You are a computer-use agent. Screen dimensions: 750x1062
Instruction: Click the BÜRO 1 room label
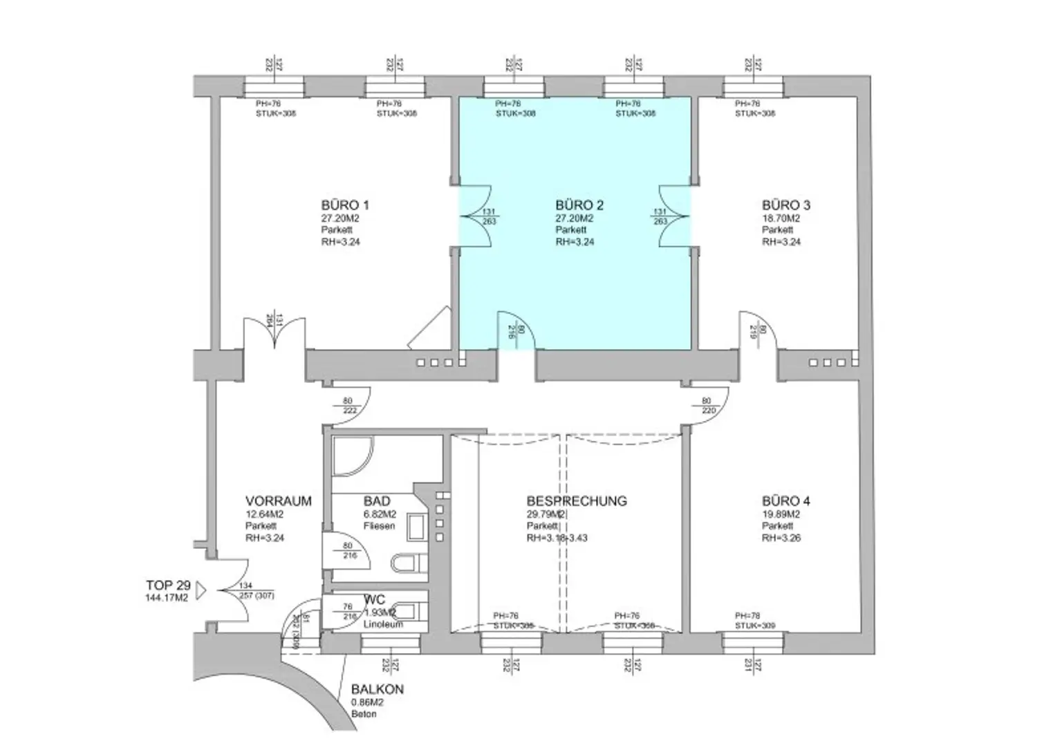pos(344,205)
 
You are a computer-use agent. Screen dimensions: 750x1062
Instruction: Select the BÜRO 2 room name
pos(579,205)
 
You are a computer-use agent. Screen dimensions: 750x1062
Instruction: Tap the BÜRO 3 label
pos(785,205)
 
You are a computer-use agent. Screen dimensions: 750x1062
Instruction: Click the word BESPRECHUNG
pos(576,501)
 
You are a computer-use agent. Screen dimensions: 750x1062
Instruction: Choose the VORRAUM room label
pos(278,501)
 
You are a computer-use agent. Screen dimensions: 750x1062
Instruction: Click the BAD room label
pos(377,501)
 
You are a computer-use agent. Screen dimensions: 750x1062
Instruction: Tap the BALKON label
pos(377,690)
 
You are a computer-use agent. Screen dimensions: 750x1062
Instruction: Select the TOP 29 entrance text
pos(168,586)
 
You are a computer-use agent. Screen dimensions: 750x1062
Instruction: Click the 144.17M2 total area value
pos(167,599)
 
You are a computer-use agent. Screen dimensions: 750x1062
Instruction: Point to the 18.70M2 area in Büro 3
pos(781,218)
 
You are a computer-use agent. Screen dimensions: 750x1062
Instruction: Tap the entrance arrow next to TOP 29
pos(201,591)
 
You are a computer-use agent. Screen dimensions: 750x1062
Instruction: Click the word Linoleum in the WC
pos(382,625)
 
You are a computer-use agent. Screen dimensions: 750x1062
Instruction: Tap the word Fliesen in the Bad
pos(379,526)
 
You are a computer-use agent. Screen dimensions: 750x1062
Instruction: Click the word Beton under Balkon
pos(363,714)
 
